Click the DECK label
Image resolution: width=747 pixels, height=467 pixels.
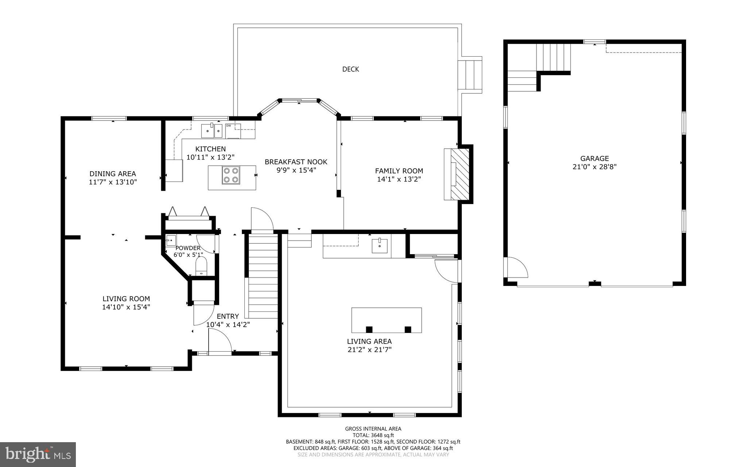(x=351, y=69)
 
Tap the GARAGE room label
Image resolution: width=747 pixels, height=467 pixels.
(x=595, y=158)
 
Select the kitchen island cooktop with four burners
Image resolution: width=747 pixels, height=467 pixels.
(x=231, y=175)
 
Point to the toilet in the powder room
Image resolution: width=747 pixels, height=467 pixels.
(x=201, y=266)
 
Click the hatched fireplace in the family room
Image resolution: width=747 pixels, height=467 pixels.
(x=459, y=174)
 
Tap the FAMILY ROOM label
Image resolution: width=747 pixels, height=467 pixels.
(x=399, y=171)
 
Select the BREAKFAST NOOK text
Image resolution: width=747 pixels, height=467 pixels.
(x=296, y=162)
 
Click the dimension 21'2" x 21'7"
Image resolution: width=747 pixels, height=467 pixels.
(x=369, y=349)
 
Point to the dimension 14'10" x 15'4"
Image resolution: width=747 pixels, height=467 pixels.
(x=126, y=307)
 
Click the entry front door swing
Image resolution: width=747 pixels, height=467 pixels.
(x=220, y=341)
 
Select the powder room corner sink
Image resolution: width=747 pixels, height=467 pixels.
(x=171, y=241)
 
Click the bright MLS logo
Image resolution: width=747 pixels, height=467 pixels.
(x=38, y=454)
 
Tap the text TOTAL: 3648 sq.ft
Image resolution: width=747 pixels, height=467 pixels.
(x=373, y=435)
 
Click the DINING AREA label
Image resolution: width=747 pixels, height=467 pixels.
(x=113, y=174)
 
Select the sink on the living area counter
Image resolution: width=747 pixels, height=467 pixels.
(x=380, y=245)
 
